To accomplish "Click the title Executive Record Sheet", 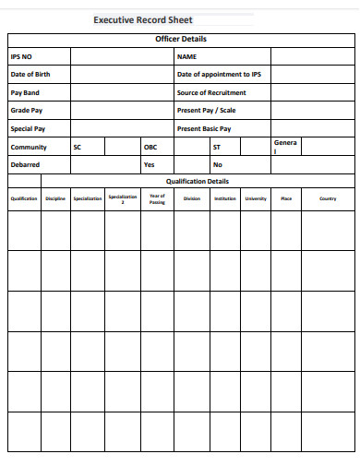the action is coord(150,18).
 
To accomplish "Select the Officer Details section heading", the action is coord(181,39).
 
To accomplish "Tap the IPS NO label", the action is coord(20,56).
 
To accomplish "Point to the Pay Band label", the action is coord(25,93).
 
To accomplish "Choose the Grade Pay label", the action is coord(27,111).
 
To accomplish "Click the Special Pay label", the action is coord(28,129).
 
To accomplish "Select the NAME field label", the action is coord(187,56).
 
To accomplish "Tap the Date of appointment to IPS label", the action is coord(219,75).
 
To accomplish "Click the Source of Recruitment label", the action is coord(211,93).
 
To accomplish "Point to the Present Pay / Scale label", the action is coord(206,111).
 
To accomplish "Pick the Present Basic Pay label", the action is coord(204,129).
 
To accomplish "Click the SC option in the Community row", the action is coord(77,147).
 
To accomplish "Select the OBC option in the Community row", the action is coord(150,147).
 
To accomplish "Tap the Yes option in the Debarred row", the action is coord(149,165).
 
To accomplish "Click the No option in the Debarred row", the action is coord(218,165).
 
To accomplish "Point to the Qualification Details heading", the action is coord(197,182).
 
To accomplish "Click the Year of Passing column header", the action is coord(157,198).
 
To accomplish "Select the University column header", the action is coord(256,198).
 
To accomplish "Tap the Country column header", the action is coord(328,198).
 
